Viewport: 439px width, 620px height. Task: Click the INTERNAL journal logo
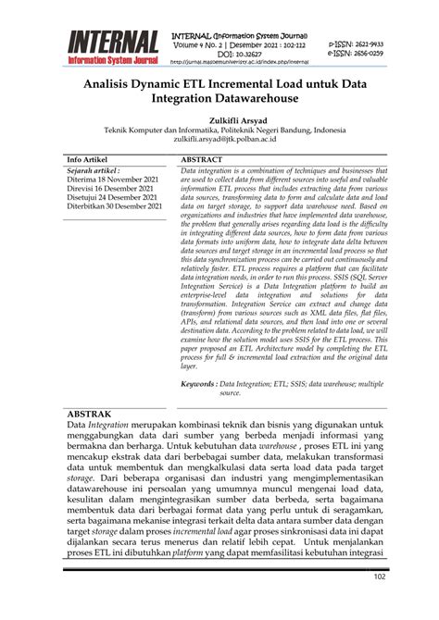point(112,48)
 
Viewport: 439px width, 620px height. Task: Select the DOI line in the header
point(236,55)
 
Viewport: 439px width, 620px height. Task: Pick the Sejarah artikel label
point(94,171)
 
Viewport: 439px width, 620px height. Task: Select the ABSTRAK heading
point(89,414)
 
